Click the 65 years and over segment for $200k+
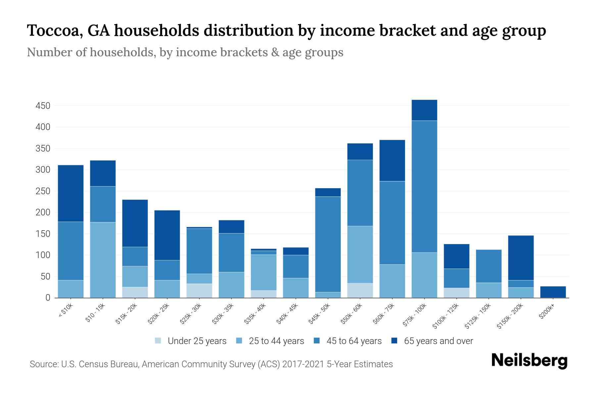pyautogui.click(x=553, y=292)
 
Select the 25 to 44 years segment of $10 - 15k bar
pyautogui.click(x=103, y=260)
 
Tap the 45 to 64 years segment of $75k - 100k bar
pyautogui.click(x=424, y=186)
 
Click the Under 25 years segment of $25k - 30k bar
pyautogui.click(x=199, y=290)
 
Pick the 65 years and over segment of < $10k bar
pyautogui.click(x=71, y=193)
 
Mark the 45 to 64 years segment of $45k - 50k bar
pyautogui.click(x=328, y=244)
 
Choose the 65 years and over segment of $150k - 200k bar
pyautogui.click(x=521, y=258)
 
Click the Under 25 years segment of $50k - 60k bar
pyautogui.click(x=360, y=290)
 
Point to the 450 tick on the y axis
pyautogui.click(x=43, y=106)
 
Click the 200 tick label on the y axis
pyautogui.click(x=43, y=212)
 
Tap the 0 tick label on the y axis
pyautogui.click(x=48, y=298)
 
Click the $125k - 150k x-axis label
pyautogui.click(x=478, y=316)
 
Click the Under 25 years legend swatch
pyautogui.click(x=158, y=341)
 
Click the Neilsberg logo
pyautogui.click(x=529, y=361)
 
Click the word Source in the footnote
pyautogui.click(x=43, y=364)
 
